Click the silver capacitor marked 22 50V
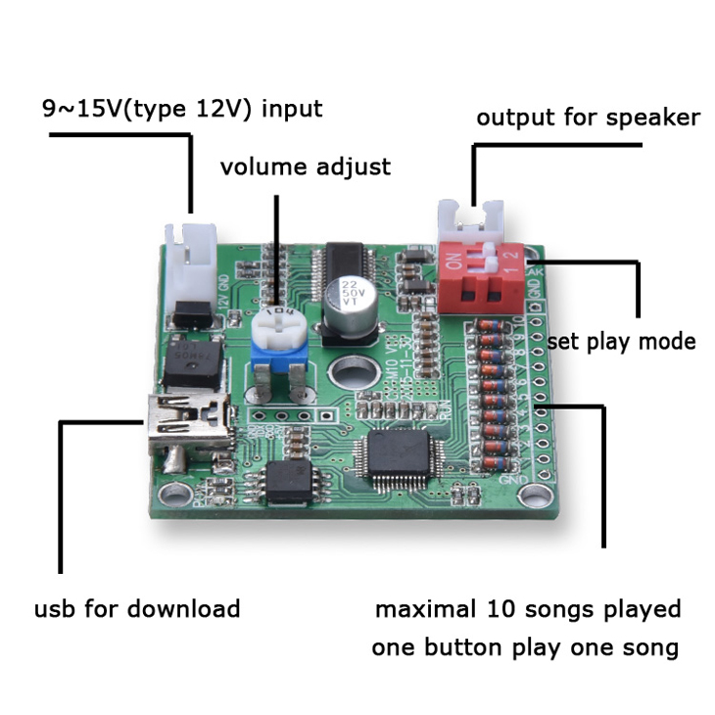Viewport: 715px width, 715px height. coord(352,301)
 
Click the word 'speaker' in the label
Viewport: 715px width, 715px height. coord(653,118)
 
